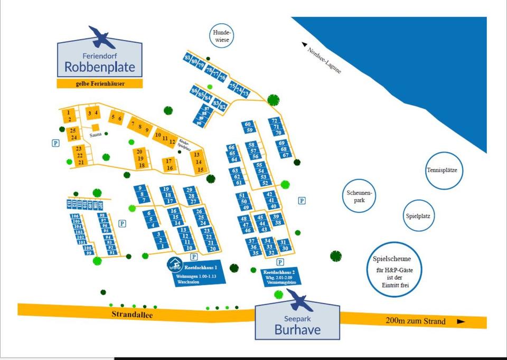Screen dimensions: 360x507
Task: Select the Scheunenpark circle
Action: [x=360, y=197]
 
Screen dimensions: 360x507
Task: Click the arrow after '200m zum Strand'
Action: [x=461, y=321]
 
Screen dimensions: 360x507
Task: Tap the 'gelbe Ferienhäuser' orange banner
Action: [x=99, y=83]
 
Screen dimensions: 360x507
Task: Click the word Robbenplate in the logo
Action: [x=100, y=68]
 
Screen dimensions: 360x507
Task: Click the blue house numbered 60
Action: [x=248, y=124]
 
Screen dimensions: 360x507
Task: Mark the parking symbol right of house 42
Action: [x=302, y=201]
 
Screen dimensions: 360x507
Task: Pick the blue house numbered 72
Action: [x=274, y=121]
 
